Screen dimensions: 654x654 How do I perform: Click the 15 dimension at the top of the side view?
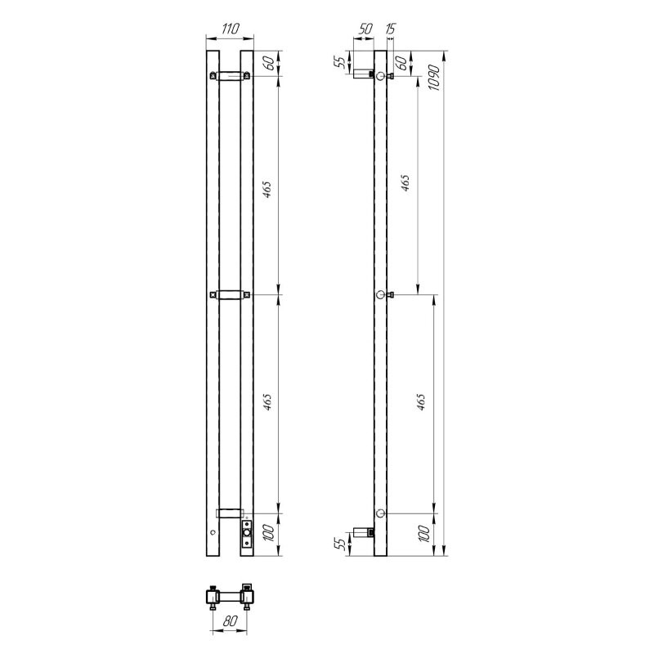click(x=390, y=28)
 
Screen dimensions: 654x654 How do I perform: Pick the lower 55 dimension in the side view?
click(x=343, y=544)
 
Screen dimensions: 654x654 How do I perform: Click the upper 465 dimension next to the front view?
click(x=267, y=190)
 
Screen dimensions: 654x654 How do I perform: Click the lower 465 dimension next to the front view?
click(x=267, y=402)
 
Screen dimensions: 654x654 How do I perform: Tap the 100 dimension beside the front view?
click(x=267, y=535)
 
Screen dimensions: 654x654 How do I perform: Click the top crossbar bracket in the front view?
click(x=229, y=77)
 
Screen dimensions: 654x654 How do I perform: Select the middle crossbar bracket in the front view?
click(x=229, y=294)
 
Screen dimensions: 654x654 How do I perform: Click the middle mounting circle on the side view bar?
click(x=380, y=294)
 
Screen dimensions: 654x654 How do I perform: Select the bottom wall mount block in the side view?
click(x=363, y=533)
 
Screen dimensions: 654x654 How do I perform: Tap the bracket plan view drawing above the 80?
click(x=229, y=594)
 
